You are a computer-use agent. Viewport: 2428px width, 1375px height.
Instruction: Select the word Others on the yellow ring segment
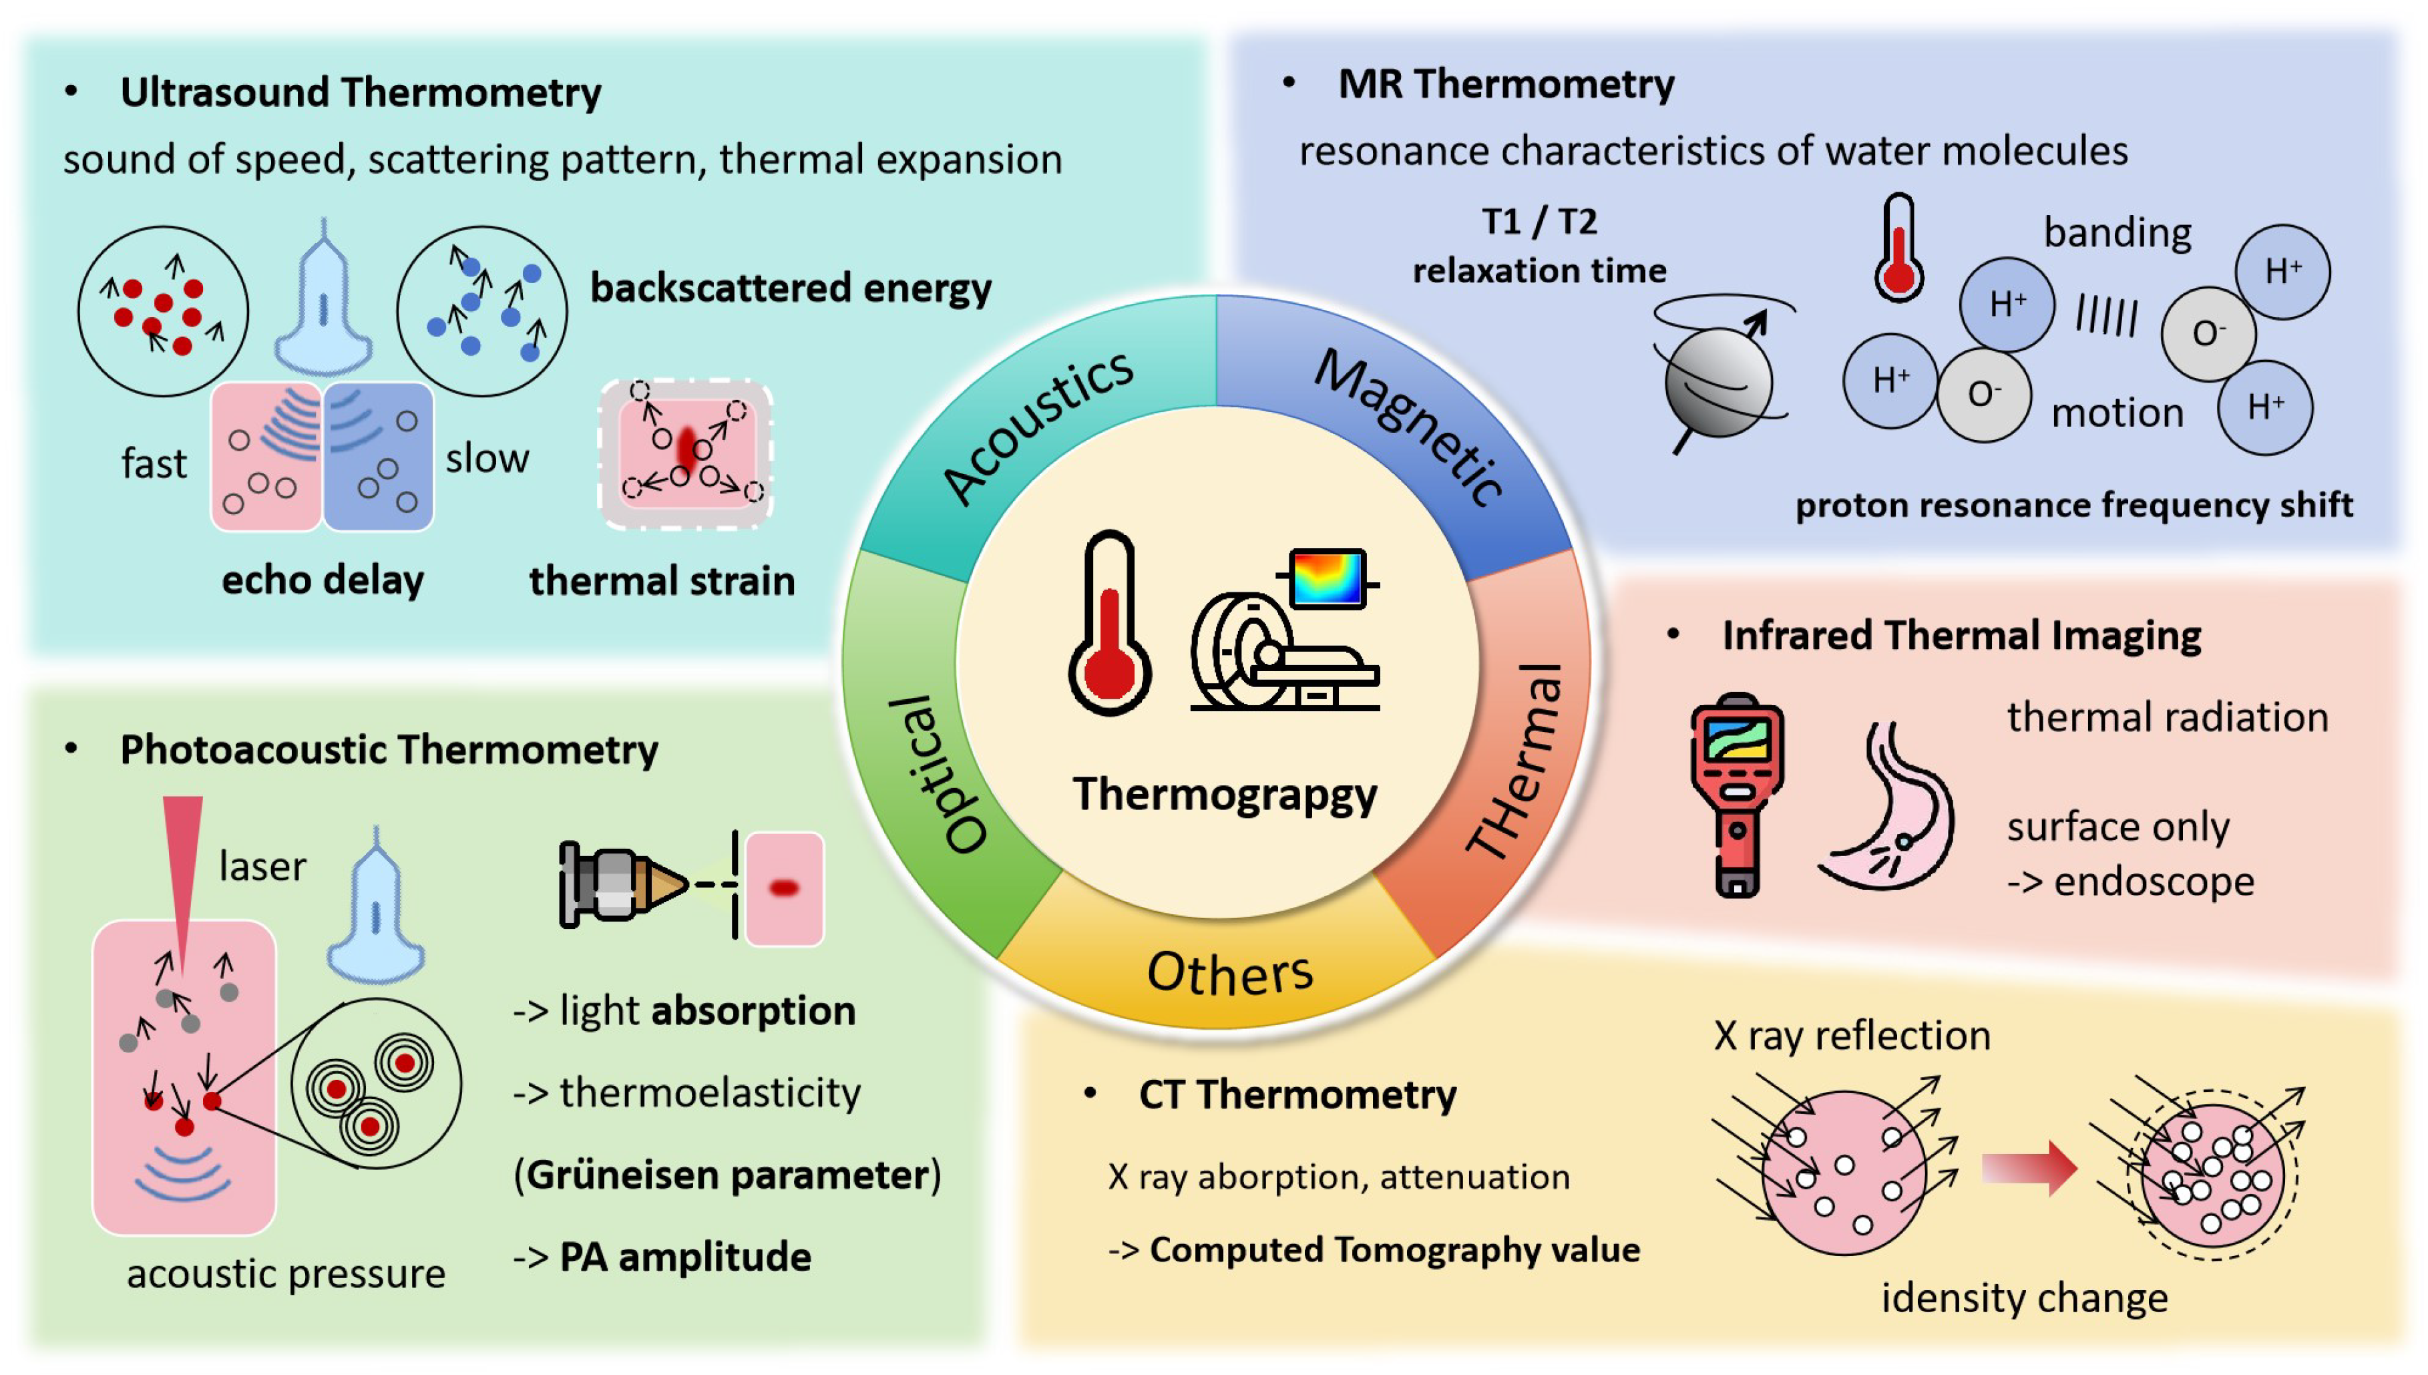(x=1229, y=973)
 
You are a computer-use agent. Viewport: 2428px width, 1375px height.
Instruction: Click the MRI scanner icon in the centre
(x=1284, y=632)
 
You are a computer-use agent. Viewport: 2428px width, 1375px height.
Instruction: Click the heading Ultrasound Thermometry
(x=361, y=93)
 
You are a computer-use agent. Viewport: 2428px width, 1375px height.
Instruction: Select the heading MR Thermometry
(x=1506, y=84)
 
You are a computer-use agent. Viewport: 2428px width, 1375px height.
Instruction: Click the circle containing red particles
(x=162, y=311)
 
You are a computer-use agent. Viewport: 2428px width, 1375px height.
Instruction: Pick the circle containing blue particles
(x=481, y=311)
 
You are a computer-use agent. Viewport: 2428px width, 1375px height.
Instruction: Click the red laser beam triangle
(x=183, y=869)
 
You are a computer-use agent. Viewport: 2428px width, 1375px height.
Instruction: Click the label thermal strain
(x=662, y=581)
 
